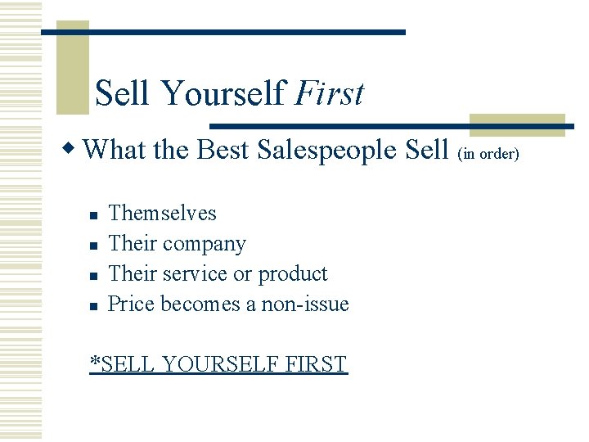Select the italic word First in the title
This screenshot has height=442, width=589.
click(329, 93)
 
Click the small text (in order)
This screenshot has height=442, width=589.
click(488, 153)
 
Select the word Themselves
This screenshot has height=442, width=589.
click(162, 214)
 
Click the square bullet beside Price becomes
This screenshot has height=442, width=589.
click(93, 306)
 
